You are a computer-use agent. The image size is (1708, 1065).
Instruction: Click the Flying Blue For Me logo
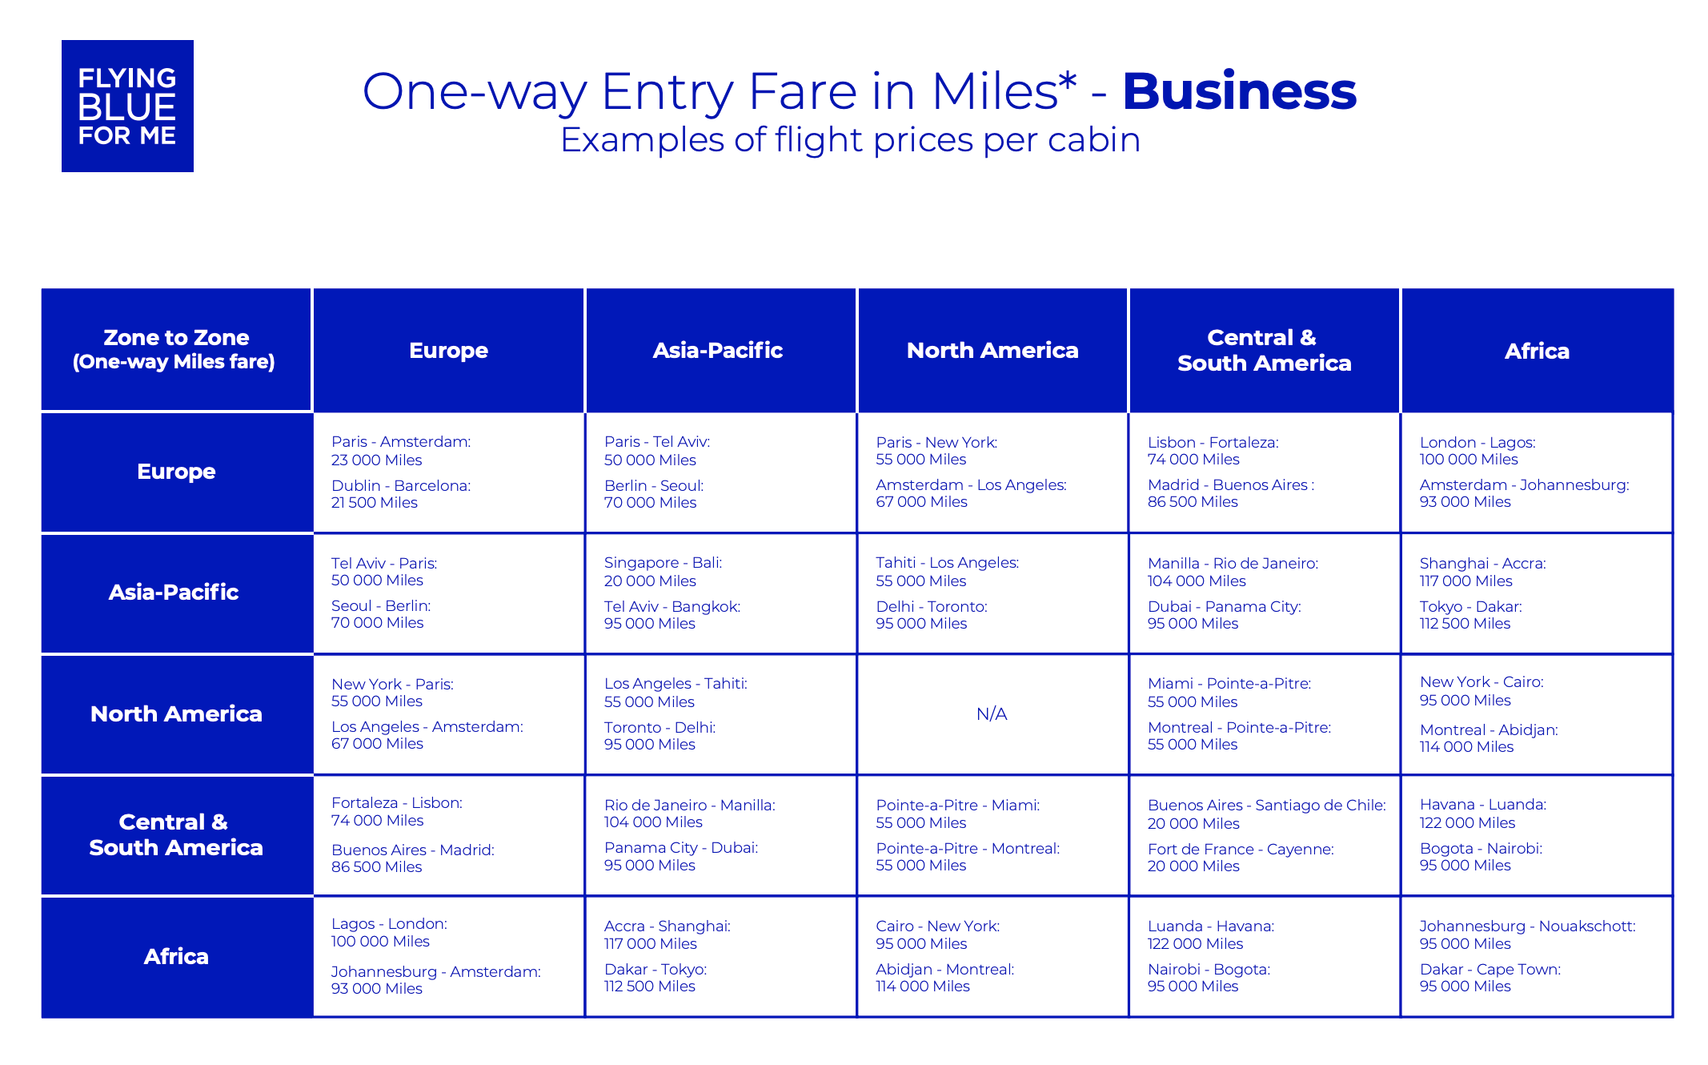[x=127, y=106]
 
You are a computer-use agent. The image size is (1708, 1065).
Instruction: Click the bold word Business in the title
[x=1239, y=91]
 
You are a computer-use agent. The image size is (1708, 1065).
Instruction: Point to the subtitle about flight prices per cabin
[x=850, y=140]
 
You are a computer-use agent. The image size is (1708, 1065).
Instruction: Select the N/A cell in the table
[x=992, y=713]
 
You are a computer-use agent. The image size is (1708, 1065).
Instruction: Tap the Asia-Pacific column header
[x=718, y=350]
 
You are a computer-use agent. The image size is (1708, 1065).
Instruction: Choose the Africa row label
[x=176, y=956]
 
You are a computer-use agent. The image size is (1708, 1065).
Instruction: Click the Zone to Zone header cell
[x=176, y=350]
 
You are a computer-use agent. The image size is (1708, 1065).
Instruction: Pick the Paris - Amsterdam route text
[x=401, y=441]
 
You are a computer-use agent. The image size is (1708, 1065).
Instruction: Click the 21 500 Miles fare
[x=375, y=503]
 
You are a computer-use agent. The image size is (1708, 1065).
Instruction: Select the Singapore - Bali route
[x=663, y=563]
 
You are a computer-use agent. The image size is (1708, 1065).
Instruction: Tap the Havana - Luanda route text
[x=1483, y=804]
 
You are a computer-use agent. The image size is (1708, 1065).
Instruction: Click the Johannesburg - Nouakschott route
[x=1528, y=926]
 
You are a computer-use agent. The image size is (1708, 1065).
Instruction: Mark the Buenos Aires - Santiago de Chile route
[x=1267, y=805]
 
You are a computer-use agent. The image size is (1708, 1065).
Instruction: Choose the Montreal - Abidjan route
[x=1489, y=729]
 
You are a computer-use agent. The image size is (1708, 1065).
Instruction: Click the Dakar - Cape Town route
[x=1490, y=969]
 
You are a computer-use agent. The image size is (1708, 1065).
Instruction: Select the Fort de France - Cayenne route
[x=1241, y=849]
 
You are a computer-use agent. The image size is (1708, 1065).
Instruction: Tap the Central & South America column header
[x=1265, y=350]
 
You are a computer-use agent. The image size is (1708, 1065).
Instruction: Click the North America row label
[x=176, y=713]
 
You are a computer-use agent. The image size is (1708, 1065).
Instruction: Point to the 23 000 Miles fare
[x=376, y=460]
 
